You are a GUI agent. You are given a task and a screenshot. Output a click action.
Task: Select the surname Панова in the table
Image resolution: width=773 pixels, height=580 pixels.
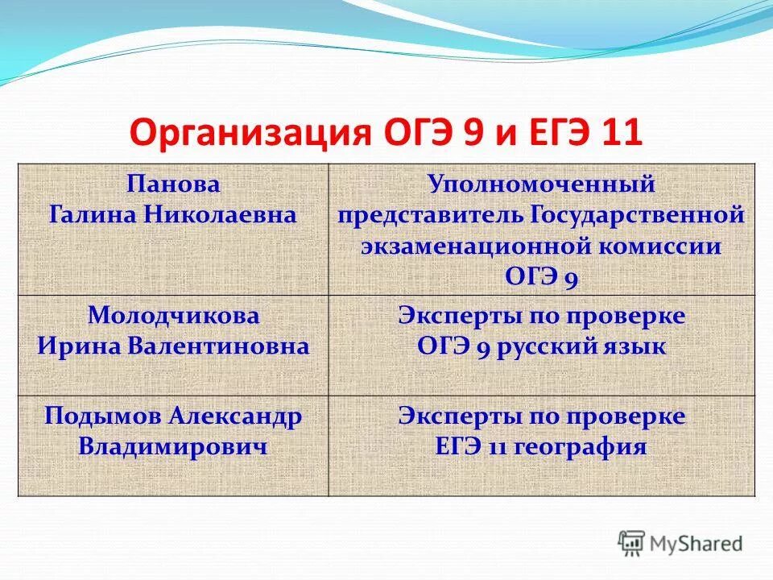(x=173, y=184)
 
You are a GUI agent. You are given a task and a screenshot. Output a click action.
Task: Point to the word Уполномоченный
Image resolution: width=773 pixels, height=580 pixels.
(x=541, y=184)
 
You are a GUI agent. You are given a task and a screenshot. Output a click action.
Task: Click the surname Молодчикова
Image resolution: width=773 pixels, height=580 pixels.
(x=173, y=315)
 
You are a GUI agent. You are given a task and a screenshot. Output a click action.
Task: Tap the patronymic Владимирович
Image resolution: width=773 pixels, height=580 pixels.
(x=173, y=446)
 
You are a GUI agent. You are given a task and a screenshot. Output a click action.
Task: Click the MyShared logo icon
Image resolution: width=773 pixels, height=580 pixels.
(x=632, y=545)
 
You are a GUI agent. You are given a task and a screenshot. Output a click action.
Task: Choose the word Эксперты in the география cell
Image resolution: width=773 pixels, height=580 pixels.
(x=453, y=416)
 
